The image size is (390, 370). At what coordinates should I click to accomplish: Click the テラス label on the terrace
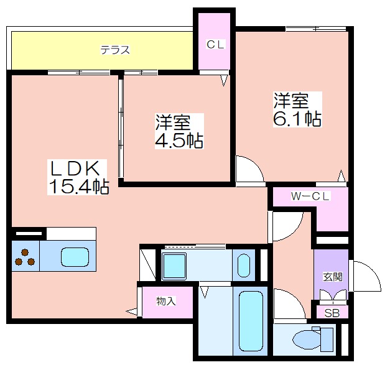click(115, 50)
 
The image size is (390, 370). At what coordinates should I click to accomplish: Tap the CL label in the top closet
click(216, 45)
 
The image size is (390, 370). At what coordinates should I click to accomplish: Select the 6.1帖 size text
click(297, 119)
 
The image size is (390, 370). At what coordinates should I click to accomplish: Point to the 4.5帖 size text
click(179, 141)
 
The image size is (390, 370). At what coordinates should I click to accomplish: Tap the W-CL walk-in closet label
click(310, 197)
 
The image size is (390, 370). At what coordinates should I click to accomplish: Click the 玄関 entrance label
click(333, 277)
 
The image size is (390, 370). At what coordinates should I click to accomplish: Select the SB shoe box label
click(332, 313)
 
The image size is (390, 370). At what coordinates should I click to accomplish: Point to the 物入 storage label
click(166, 302)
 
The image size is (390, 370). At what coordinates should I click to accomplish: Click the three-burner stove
click(25, 257)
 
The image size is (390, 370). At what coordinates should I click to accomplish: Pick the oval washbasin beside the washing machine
click(244, 266)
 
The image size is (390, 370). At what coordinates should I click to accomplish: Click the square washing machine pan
click(174, 266)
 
